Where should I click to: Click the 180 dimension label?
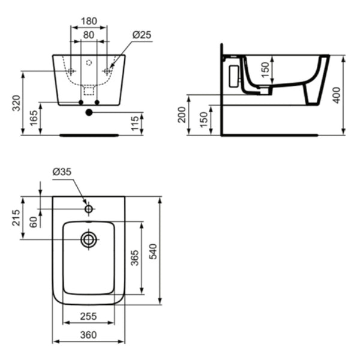point(89,21)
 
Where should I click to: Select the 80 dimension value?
point(89,35)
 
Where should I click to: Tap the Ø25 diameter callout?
point(142,35)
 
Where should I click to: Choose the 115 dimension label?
point(135,124)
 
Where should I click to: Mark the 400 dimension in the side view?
point(337,95)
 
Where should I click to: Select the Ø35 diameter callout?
point(62,172)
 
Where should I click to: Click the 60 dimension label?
point(34,222)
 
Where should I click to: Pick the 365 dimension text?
point(135,258)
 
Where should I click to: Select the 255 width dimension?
point(89,316)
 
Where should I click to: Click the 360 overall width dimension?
point(89,335)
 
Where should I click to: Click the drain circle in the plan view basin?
point(89,239)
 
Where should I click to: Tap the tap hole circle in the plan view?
point(89,209)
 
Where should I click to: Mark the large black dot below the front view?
point(89,112)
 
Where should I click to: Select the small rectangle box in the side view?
point(233,75)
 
